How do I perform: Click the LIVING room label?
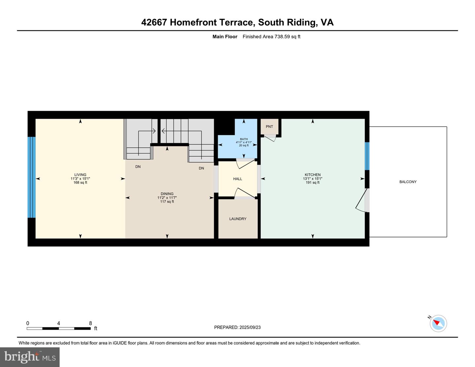pyautogui.click(x=80, y=175)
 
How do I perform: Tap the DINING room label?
pyautogui.click(x=167, y=194)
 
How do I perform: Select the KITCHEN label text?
pyautogui.click(x=313, y=175)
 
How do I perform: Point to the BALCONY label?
pyautogui.click(x=408, y=182)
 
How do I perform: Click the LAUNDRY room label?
pyautogui.click(x=238, y=219)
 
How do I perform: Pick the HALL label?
pyautogui.click(x=237, y=179)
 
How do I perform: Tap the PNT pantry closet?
pyautogui.click(x=269, y=127)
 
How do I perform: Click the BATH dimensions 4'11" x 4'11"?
pyautogui.click(x=244, y=142)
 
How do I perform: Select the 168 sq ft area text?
pyautogui.click(x=80, y=183)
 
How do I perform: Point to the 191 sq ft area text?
pyautogui.click(x=313, y=183)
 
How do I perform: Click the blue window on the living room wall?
pyautogui.click(x=31, y=177)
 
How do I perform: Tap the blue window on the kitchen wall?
pyautogui.click(x=367, y=156)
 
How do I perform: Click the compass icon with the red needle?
pyautogui.click(x=438, y=323)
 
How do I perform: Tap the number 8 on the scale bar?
pyautogui.click(x=90, y=323)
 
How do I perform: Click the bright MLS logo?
pyautogui.click(x=30, y=357)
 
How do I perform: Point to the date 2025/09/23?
pyautogui.click(x=250, y=327)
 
